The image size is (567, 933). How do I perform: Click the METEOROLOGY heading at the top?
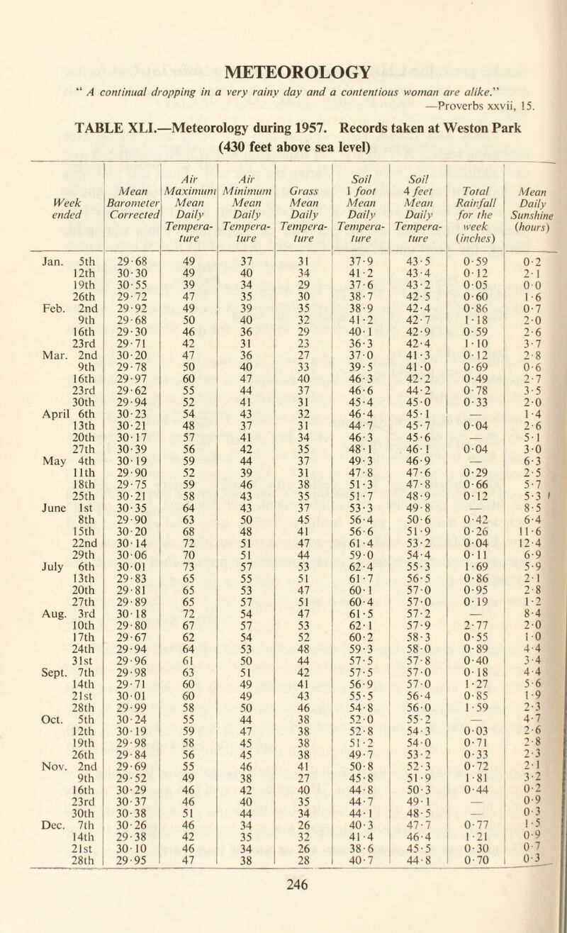tap(283, 72)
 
